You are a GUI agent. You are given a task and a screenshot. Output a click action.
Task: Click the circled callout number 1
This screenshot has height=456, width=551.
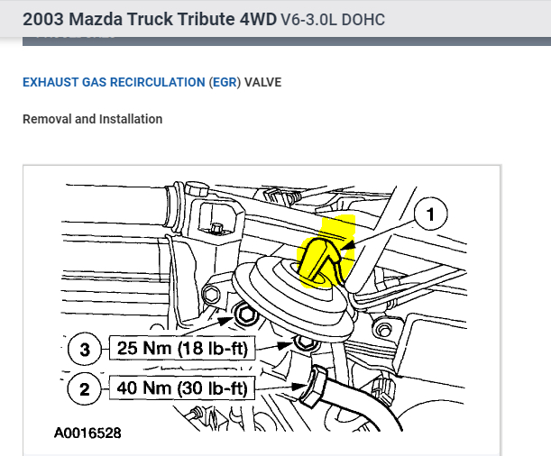tap(430, 214)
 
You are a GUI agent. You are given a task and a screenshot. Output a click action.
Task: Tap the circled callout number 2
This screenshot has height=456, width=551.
tap(85, 389)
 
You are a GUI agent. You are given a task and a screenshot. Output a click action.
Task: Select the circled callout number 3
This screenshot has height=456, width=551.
tap(85, 350)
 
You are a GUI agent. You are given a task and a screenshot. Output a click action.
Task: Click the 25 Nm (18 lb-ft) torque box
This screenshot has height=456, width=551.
tap(182, 348)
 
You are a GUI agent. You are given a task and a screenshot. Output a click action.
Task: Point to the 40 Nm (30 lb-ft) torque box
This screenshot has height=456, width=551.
tap(182, 388)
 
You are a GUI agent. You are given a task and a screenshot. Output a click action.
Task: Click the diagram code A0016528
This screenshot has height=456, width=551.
tap(87, 433)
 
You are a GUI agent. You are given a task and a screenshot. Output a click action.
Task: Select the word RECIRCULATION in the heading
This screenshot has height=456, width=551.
tap(158, 82)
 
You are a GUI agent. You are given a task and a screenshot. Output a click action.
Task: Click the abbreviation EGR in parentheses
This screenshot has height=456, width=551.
tap(225, 82)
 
